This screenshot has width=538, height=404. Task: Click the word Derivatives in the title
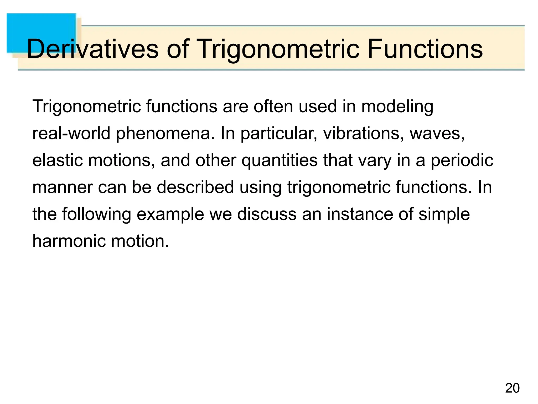click(92, 49)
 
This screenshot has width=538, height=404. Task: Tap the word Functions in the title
click(425, 49)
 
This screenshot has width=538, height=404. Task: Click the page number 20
click(512, 388)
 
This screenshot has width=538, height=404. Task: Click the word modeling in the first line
click(397, 107)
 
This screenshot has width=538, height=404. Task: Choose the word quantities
click(279, 161)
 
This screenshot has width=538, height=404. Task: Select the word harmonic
click(69, 241)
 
